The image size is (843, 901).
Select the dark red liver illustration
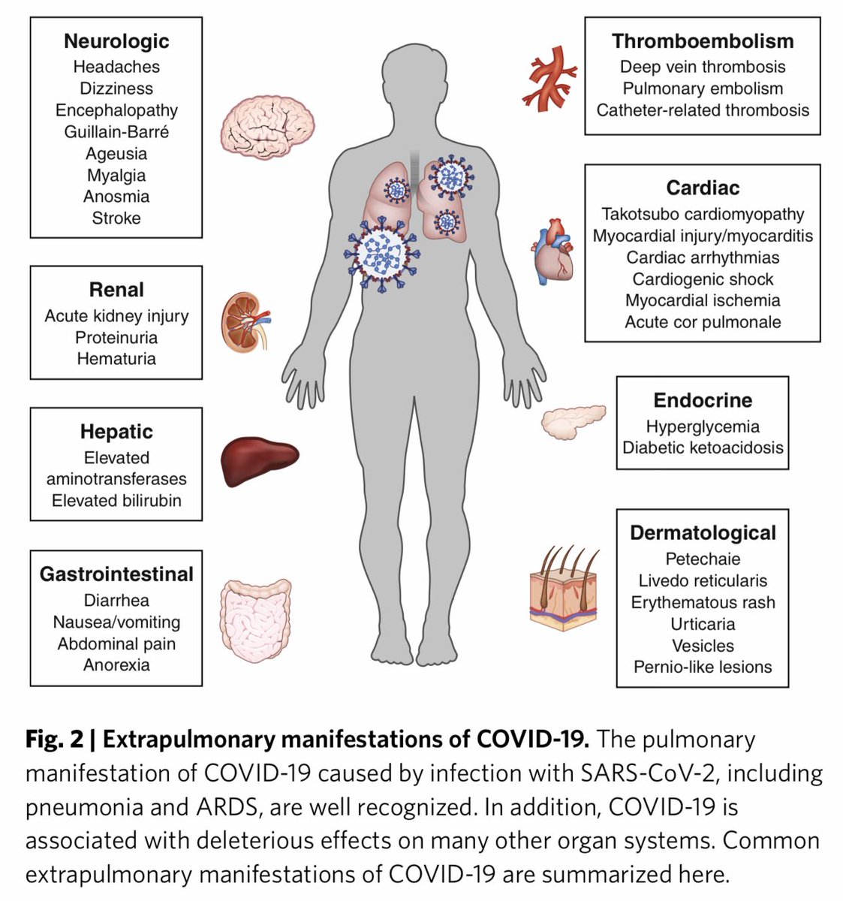click(258, 459)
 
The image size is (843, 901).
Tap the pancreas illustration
click(574, 421)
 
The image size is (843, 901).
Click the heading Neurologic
click(116, 41)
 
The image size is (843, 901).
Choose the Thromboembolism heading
click(702, 41)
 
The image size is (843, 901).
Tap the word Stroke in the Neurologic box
click(116, 218)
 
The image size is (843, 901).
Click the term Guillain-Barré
click(116, 132)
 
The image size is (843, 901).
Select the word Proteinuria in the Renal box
click(116, 337)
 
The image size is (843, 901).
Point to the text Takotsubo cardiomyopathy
click(703, 215)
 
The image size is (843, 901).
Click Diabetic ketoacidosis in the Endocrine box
click(703, 447)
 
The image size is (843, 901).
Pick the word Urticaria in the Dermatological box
click(703, 624)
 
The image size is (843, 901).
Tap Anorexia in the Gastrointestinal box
click(116, 665)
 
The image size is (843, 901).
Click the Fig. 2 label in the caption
click(54, 740)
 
